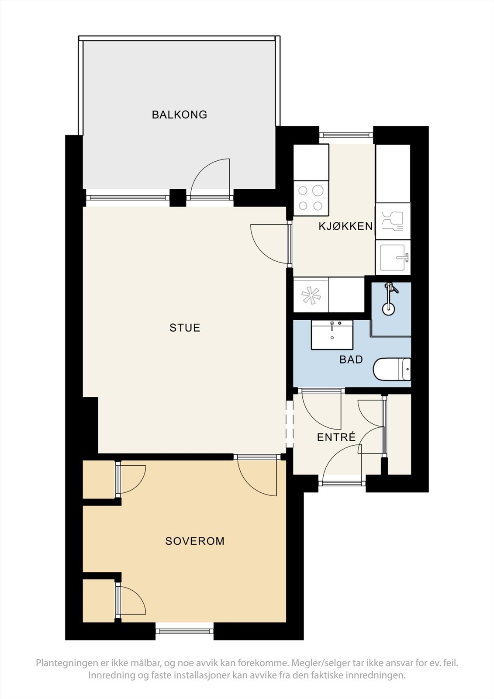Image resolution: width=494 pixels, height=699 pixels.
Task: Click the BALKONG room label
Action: (x=180, y=115)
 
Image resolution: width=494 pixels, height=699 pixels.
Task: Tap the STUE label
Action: (x=185, y=328)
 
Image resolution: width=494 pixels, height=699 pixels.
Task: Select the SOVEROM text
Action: (x=195, y=541)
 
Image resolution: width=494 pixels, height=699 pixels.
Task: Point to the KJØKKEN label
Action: (x=345, y=226)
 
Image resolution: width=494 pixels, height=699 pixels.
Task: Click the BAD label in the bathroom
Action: (x=351, y=360)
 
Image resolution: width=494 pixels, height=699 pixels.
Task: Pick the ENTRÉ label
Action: (x=336, y=437)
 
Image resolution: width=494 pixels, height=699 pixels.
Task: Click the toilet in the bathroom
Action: (x=392, y=370)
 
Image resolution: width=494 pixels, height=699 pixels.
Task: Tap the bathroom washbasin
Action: (x=332, y=335)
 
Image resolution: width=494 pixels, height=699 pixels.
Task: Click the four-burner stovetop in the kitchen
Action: (x=311, y=198)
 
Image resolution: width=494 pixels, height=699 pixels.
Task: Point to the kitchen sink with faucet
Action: (x=393, y=257)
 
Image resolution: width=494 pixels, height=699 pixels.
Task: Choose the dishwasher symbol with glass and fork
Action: (x=393, y=221)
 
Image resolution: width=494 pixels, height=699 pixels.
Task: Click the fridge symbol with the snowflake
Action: (x=311, y=295)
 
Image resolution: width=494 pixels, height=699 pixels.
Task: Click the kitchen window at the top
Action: (x=346, y=135)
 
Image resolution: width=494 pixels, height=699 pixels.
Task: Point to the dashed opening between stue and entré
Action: (x=290, y=424)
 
